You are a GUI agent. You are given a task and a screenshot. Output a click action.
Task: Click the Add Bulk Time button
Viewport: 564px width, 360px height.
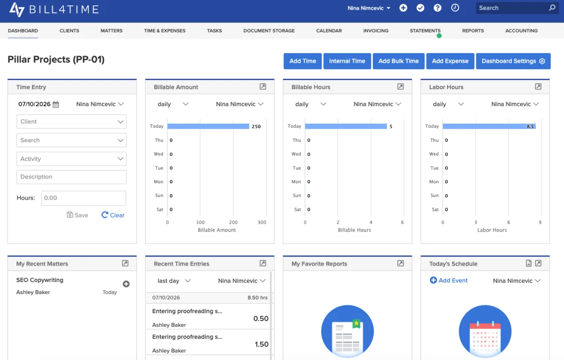pos(399,61)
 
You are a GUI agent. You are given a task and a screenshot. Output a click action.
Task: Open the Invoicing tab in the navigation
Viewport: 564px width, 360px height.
pos(376,31)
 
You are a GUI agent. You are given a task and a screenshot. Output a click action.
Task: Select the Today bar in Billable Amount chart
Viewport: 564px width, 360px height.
pos(208,126)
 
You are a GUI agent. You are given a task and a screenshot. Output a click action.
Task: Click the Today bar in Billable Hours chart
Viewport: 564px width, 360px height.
pos(346,126)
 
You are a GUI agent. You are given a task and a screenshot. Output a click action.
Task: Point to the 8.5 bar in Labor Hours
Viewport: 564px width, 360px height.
pos(489,126)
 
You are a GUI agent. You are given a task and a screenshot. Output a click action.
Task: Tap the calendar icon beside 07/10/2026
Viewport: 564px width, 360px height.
pos(55,104)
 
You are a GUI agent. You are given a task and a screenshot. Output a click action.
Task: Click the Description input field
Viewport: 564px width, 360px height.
pos(71,177)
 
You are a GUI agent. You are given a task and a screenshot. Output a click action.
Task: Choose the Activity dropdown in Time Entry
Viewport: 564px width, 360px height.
pos(71,159)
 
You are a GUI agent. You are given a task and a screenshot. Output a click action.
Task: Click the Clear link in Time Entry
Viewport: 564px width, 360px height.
pos(113,215)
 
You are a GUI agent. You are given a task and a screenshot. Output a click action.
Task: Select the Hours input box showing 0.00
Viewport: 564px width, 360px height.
pos(84,198)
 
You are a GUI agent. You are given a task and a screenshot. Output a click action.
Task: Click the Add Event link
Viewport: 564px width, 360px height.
pos(448,280)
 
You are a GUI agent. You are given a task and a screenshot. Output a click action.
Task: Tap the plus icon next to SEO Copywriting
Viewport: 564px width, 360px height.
pos(126,284)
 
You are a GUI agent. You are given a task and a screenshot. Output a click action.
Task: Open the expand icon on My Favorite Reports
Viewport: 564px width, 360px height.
pos(400,263)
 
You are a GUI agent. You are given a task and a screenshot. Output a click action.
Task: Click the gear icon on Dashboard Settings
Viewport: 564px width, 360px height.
pos(542,61)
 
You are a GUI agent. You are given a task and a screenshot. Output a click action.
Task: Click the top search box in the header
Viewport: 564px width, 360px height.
pos(517,8)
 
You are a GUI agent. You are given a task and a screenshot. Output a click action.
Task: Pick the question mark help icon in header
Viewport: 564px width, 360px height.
pos(438,8)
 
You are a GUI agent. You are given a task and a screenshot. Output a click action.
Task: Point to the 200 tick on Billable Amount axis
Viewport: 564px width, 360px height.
pos(233,222)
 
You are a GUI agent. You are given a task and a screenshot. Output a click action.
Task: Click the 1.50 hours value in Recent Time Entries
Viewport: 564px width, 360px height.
pos(261,344)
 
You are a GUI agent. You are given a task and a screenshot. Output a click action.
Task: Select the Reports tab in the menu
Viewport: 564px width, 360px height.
pos(473,31)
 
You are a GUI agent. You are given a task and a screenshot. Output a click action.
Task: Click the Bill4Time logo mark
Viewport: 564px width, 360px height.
pos(17,9)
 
